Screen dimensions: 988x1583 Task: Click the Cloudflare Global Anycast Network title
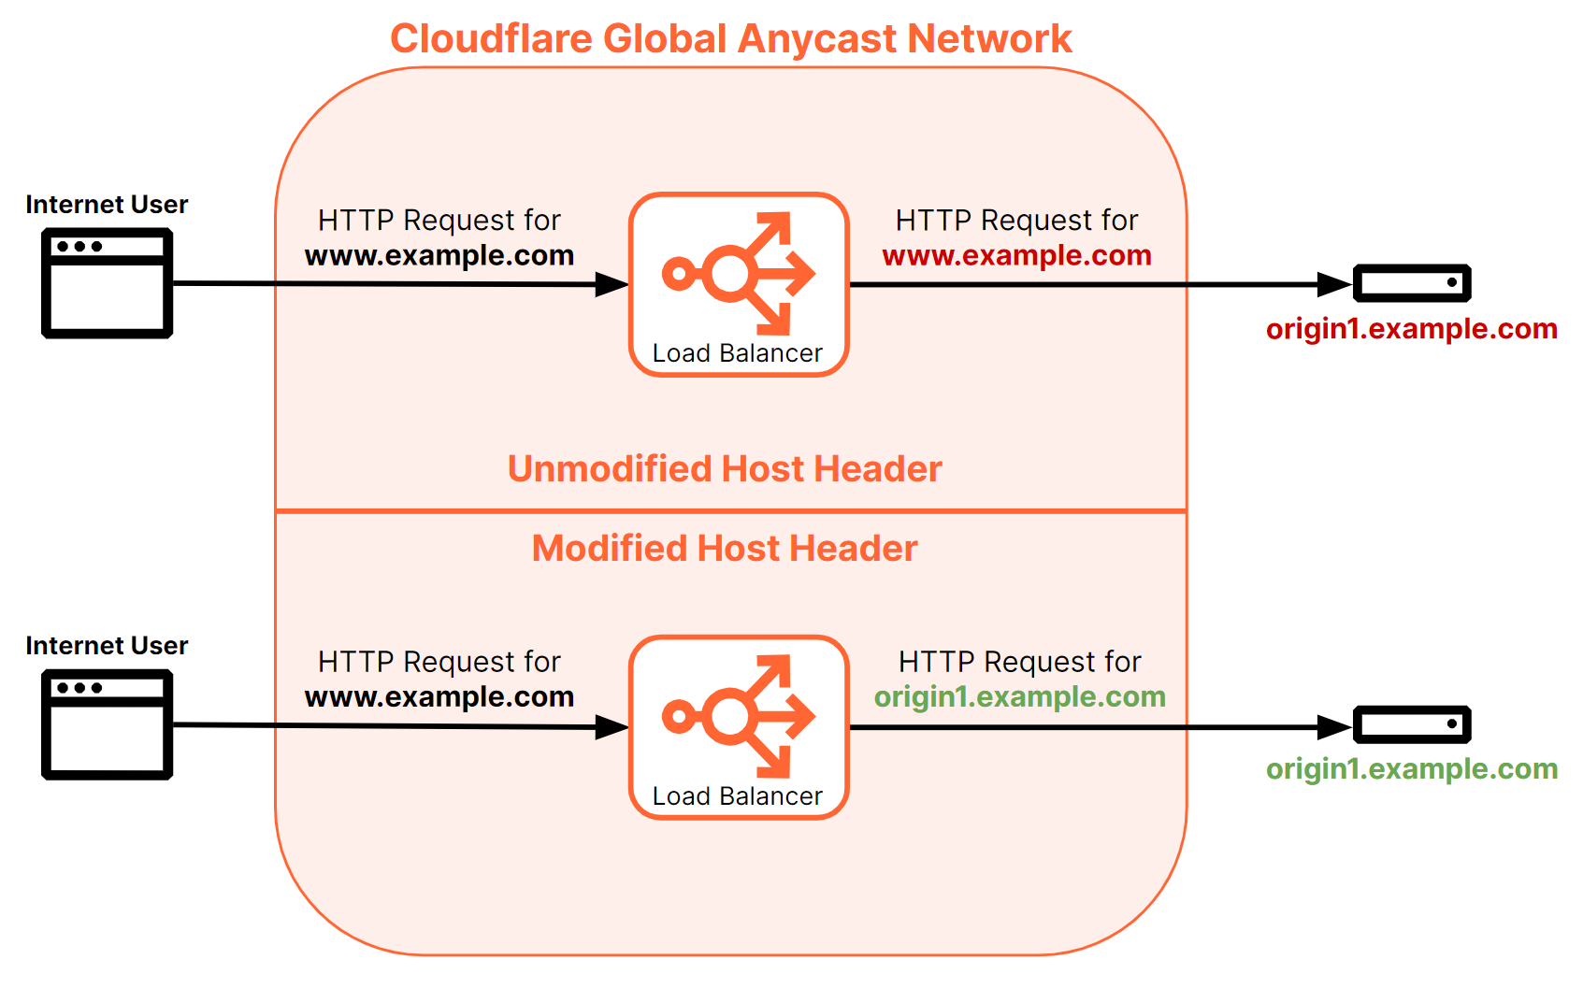[730, 39]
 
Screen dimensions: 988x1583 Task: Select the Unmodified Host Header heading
[725, 469]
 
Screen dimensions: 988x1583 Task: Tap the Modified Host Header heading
[725, 549]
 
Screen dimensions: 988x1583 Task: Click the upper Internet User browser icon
[107, 283]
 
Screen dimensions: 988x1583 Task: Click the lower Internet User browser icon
[107, 724]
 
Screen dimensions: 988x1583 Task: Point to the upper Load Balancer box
[739, 284]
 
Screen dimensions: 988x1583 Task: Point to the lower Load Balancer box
[739, 727]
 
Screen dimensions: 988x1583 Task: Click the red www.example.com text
[1016, 255]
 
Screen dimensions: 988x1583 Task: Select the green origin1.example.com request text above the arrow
[1019, 696]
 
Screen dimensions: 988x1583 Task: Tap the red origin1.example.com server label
[1411, 329]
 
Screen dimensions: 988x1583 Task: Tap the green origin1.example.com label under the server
[1411, 769]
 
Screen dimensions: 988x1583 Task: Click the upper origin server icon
[1412, 283]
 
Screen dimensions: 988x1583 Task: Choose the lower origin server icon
[1412, 724]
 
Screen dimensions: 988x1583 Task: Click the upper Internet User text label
[107, 205]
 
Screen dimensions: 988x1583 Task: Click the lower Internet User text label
[107, 646]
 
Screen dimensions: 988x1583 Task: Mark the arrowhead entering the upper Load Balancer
[612, 284]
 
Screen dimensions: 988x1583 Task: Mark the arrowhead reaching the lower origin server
[1334, 726]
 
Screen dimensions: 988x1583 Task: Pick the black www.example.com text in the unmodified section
[439, 255]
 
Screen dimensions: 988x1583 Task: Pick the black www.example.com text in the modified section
[439, 696]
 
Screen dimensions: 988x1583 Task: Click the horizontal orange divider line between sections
[730, 511]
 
